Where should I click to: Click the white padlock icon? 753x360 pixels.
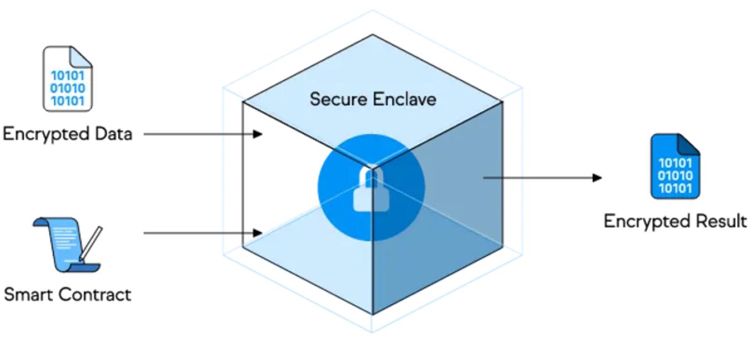(370, 191)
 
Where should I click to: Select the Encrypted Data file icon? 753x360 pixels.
(68, 79)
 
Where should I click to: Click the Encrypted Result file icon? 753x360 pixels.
(675, 166)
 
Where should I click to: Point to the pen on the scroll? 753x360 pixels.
(91, 242)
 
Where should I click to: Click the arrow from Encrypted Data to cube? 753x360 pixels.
(202, 134)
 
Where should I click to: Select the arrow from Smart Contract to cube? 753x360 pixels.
(202, 233)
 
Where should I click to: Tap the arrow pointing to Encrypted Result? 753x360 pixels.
(542, 178)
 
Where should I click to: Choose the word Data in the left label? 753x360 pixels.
(113, 134)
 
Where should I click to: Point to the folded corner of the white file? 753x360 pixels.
(82, 56)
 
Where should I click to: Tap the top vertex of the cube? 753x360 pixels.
(372, 35)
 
